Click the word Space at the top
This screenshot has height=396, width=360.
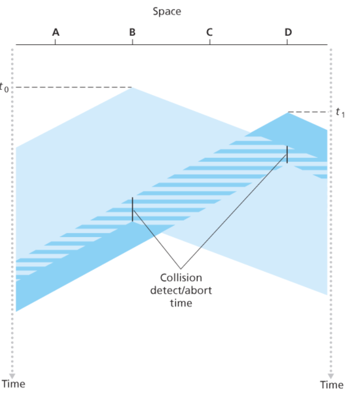click(x=167, y=11)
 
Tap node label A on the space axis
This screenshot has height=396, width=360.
click(x=55, y=33)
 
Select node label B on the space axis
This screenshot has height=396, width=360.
click(x=132, y=33)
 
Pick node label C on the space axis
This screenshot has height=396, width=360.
click(x=210, y=33)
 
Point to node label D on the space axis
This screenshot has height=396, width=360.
click(x=287, y=33)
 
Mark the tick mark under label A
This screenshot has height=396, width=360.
click(x=55, y=42)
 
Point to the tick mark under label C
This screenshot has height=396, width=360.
click(x=210, y=42)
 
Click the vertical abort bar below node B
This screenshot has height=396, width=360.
click(x=132, y=209)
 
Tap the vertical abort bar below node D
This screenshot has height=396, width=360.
click(x=287, y=154)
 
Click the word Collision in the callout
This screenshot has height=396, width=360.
click(x=181, y=278)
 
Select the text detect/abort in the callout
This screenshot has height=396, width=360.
click(x=181, y=290)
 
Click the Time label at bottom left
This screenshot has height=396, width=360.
click(x=14, y=384)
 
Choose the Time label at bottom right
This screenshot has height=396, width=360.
click(x=332, y=384)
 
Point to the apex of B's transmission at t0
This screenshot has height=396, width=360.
click(x=132, y=88)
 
